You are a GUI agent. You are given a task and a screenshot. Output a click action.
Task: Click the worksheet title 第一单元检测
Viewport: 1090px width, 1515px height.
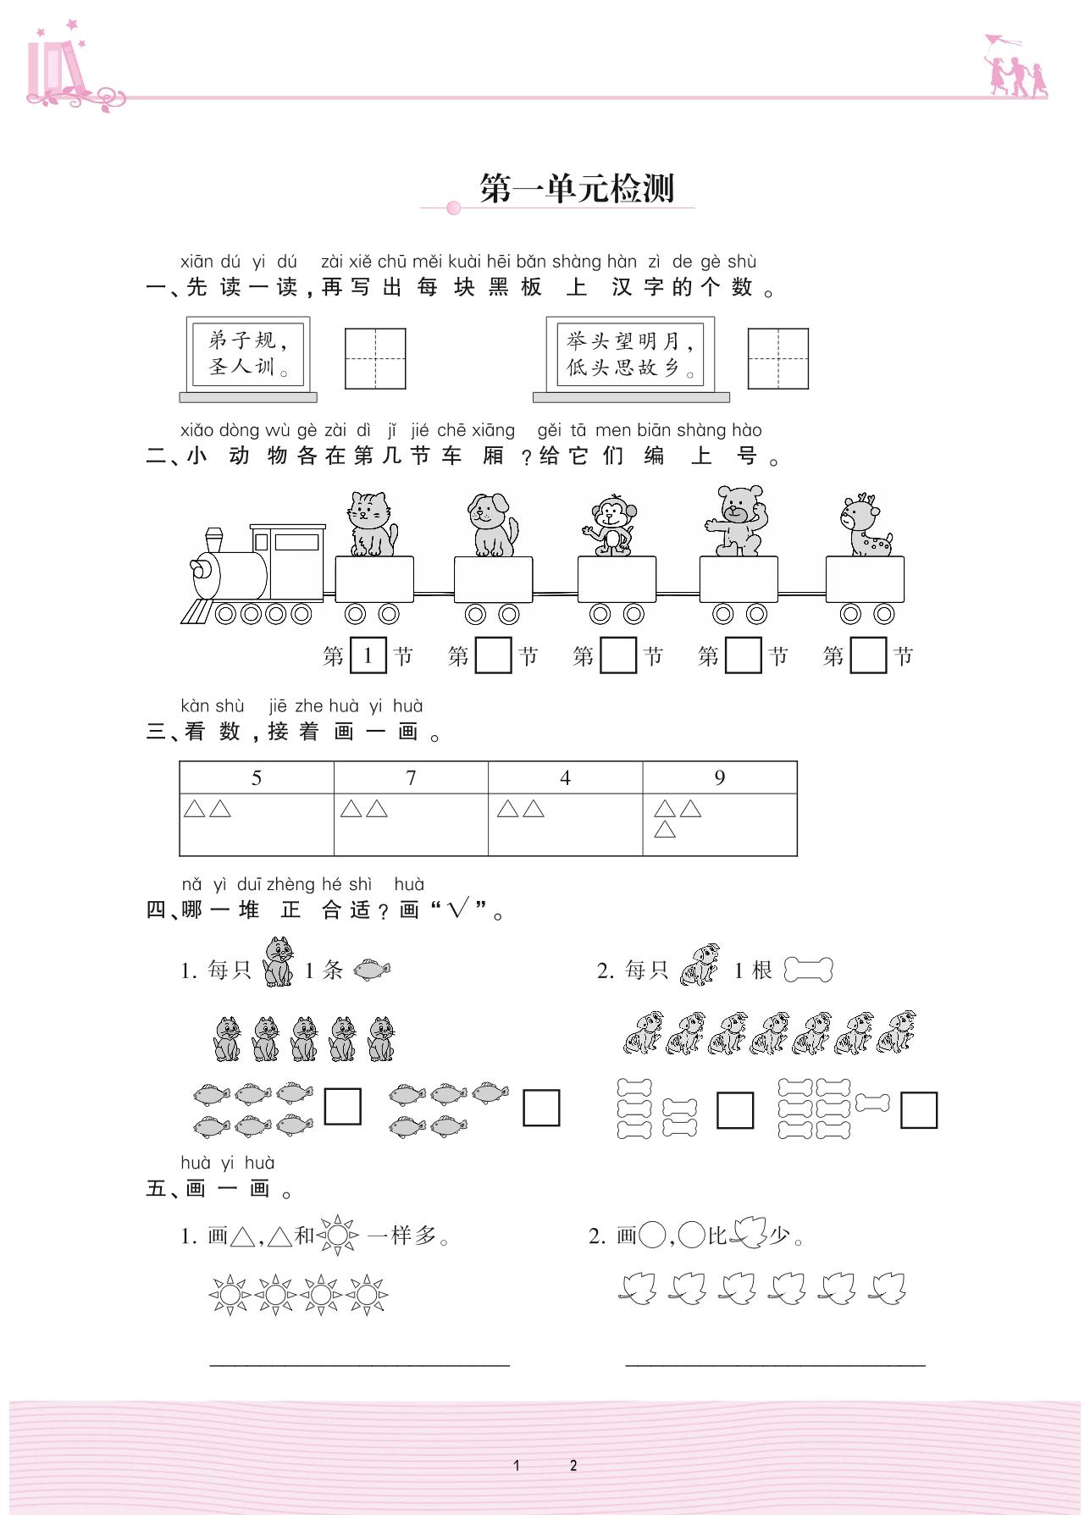(x=576, y=188)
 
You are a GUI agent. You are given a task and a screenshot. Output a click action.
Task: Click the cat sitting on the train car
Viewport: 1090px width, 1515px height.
(x=371, y=525)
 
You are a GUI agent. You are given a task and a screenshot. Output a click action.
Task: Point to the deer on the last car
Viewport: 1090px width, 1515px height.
(x=864, y=527)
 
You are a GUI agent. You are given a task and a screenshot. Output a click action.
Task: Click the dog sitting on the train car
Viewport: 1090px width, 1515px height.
(x=493, y=526)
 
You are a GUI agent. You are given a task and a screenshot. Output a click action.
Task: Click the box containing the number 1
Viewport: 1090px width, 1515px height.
(x=368, y=655)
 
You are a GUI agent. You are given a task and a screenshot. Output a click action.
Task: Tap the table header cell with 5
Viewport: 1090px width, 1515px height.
(x=257, y=777)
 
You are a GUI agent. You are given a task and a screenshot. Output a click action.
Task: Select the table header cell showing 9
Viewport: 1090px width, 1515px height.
(x=719, y=777)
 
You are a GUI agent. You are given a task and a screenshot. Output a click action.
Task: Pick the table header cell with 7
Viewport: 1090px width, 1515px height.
(x=411, y=777)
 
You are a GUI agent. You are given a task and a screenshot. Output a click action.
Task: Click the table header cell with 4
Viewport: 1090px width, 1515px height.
(x=565, y=777)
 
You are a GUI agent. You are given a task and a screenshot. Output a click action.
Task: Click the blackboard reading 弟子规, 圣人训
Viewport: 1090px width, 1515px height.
(x=248, y=354)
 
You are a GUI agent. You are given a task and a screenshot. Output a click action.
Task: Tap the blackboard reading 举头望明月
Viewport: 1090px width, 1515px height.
(x=630, y=354)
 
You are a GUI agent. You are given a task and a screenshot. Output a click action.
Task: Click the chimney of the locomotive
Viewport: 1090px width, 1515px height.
(x=214, y=539)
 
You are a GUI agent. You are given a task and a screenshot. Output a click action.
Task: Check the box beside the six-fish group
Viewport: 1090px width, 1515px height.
(x=343, y=1106)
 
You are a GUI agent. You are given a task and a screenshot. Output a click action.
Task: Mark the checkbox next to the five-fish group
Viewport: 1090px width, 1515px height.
(x=541, y=1108)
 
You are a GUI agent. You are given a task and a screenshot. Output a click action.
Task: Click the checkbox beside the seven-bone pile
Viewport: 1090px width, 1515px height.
(x=919, y=1110)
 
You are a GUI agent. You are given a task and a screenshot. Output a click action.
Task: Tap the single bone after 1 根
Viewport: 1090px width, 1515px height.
(x=809, y=970)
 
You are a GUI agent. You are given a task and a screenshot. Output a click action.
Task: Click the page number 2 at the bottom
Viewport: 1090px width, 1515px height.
(x=573, y=1465)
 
